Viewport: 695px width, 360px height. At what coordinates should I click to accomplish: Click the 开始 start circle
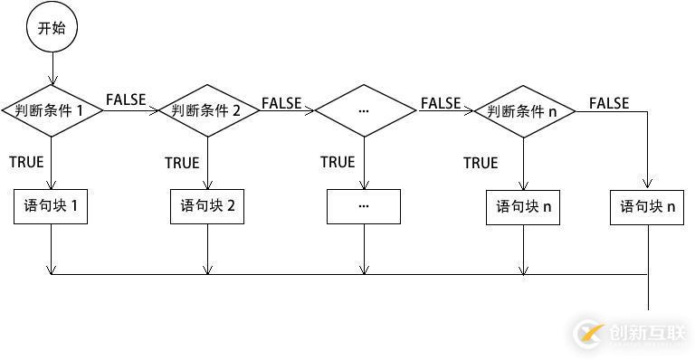point(52,28)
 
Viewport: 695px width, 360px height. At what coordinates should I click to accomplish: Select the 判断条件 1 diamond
point(52,110)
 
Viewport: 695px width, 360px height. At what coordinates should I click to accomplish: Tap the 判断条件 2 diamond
point(207,111)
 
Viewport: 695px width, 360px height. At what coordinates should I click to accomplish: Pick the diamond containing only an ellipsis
point(364,110)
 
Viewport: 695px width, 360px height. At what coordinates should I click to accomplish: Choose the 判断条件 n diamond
point(523,111)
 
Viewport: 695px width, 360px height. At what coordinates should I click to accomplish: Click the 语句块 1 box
point(52,206)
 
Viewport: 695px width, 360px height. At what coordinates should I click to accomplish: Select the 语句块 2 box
point(207,206)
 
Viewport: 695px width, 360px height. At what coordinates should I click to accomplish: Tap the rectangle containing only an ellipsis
point(364,206)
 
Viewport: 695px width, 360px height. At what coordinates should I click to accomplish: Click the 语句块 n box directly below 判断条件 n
point(523,206)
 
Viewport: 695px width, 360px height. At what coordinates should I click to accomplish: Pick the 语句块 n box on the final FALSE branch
point(648,206)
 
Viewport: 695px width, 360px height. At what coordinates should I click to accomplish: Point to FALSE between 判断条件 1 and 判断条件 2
point(126,99)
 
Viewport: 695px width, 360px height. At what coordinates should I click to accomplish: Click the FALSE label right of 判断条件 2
point(281,102)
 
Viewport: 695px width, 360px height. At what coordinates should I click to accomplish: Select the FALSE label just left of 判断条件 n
point(441,102)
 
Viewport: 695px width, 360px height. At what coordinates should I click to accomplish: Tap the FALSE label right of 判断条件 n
point(609,102)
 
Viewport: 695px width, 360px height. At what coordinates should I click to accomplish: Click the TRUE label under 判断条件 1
point(26,162)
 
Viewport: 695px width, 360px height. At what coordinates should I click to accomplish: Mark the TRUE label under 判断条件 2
point(182,163)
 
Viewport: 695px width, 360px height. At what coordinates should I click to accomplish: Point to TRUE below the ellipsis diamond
point(338,162)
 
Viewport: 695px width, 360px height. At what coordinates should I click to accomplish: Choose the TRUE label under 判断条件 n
point(481,163)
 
